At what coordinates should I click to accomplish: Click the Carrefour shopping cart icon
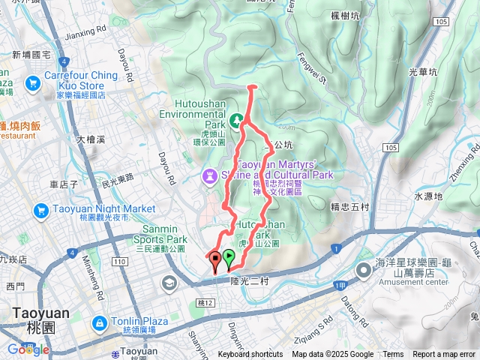coord(33,83)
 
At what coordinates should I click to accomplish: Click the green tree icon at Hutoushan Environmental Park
coord(236,119)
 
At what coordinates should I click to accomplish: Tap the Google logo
coord(28,349)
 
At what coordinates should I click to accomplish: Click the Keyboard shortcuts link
coord(250,355)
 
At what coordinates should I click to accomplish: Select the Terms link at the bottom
coord(393,355)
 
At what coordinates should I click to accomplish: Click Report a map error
coord(443,355)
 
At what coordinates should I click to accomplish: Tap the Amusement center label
coord(403,283)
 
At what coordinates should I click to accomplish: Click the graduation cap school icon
coord(168,283)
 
